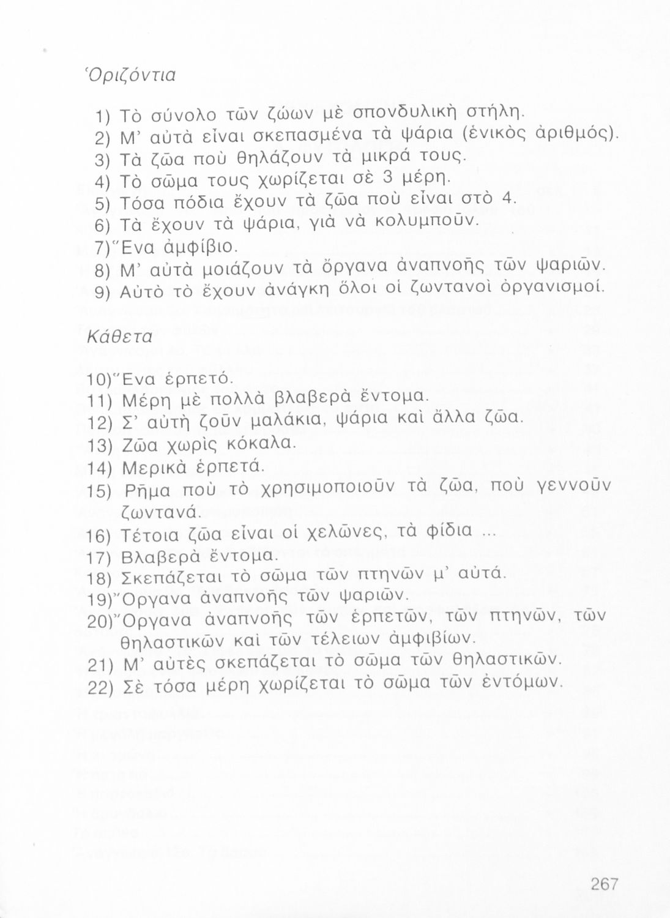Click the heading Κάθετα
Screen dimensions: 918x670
coord(112,337)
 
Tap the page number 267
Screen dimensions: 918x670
coord(605,883)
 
